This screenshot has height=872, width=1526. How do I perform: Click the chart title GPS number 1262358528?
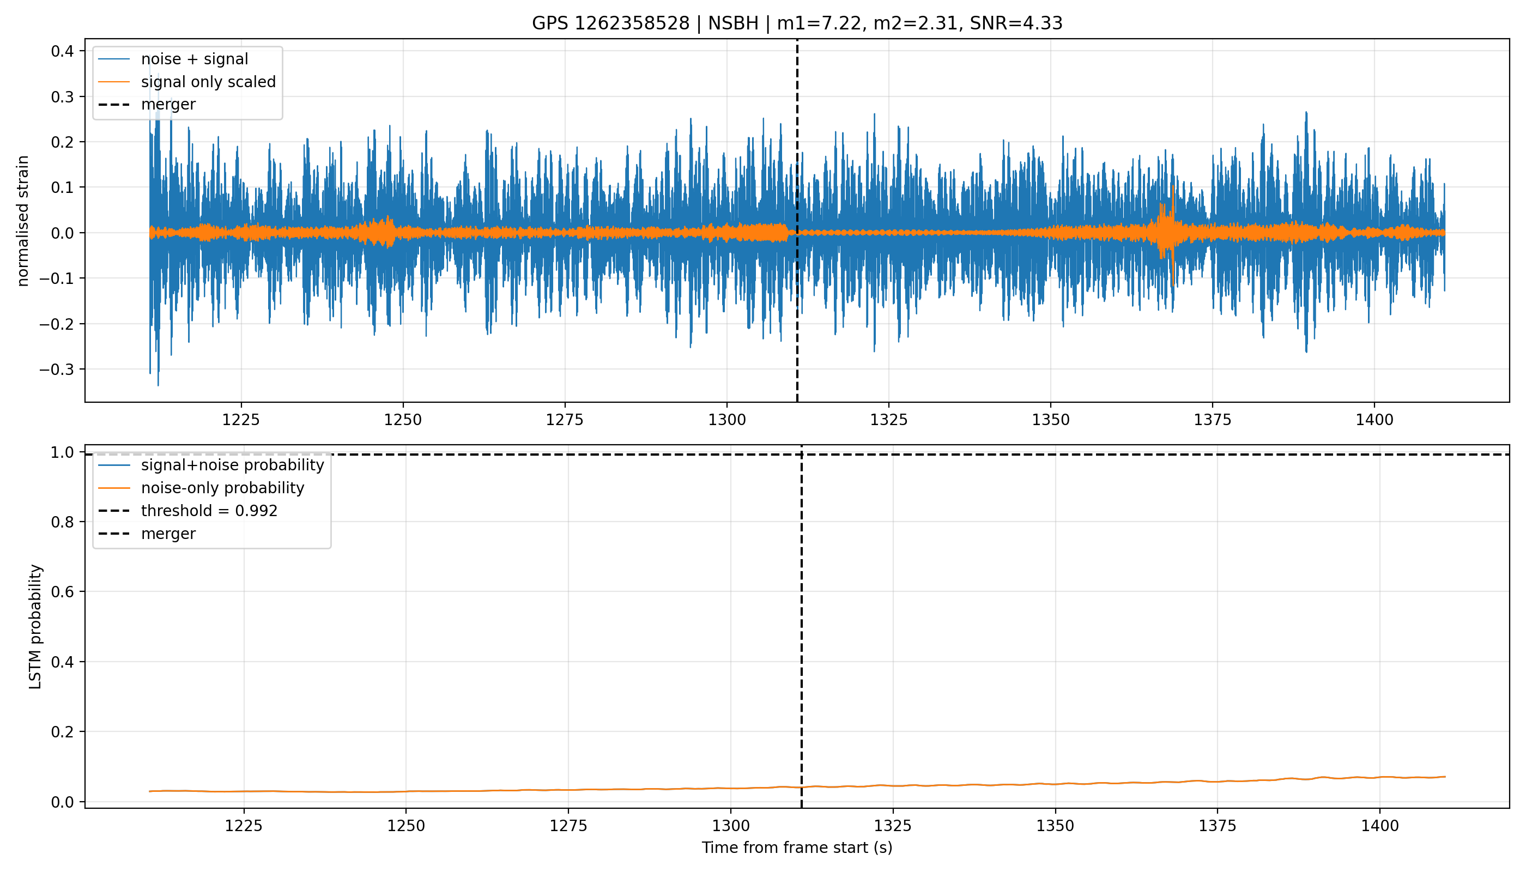click(x=611, y=23)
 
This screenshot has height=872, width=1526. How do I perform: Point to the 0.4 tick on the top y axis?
click(x=62, y=51)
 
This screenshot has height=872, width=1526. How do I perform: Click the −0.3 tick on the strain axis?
click(x=57, y=370)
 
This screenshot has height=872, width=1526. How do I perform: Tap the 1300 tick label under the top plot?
click(x=727, y=420)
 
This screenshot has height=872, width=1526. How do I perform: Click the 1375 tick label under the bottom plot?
click(x=1218, y=826)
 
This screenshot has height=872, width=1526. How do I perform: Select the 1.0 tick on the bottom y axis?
click(x=62, y=452)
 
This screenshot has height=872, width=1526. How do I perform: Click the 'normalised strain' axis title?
click(x=23, y=221)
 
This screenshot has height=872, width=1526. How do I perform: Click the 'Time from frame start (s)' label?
click(x=797, y=847)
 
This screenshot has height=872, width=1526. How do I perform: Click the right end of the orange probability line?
click(x=1445, y=777)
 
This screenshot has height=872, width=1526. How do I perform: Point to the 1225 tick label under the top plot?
click(x=241, y=420)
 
